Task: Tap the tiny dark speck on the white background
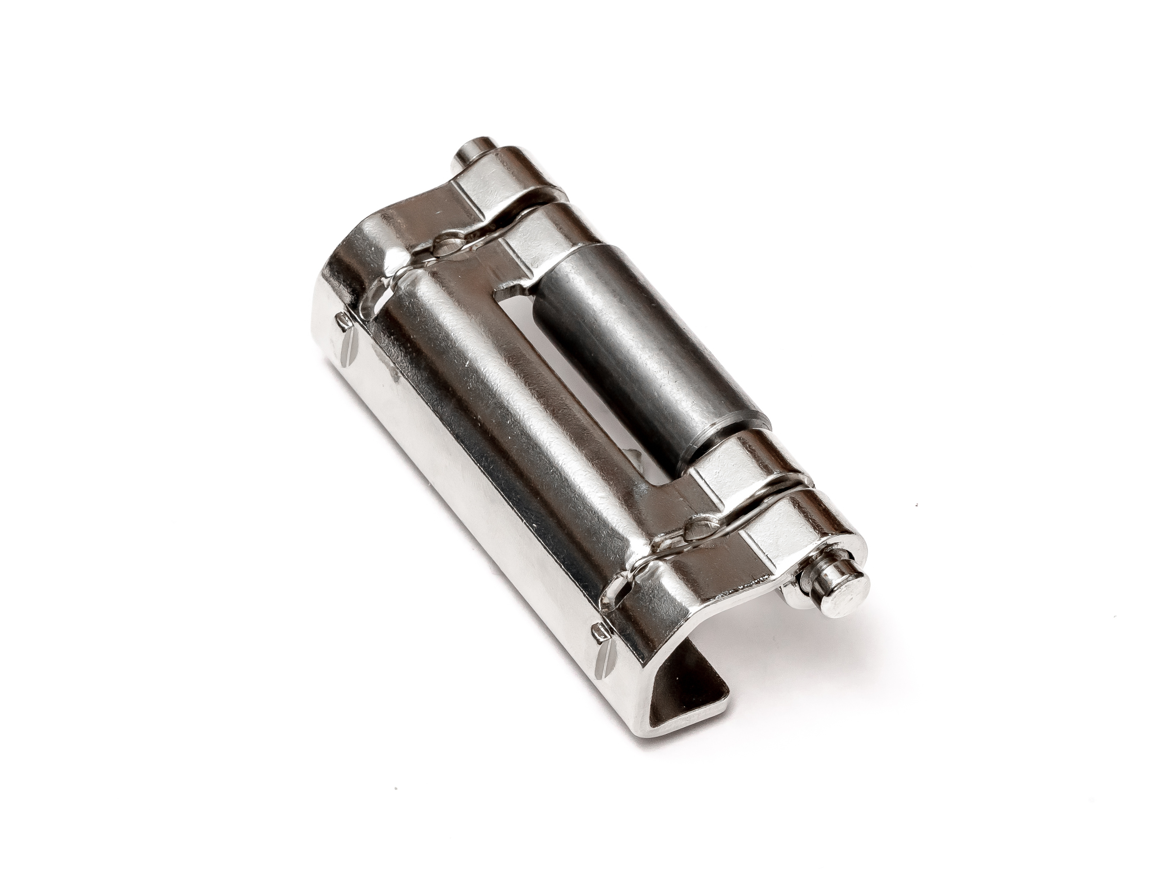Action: tap(916, 506)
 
